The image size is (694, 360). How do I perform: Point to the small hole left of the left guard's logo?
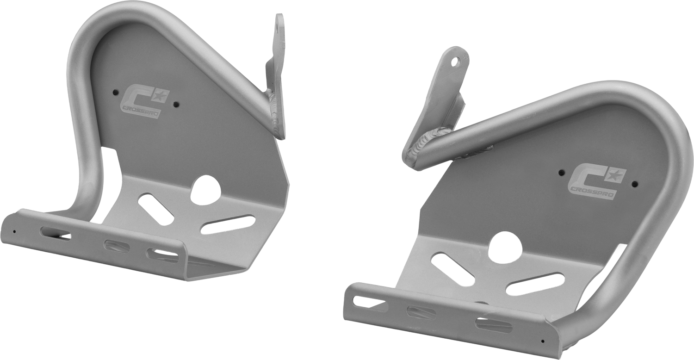pos(115,93)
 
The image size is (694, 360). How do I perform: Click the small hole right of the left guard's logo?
pos(176,104)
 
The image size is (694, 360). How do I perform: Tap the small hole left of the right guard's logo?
pos(560,172)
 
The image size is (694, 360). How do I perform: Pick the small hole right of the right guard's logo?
pos(634,184)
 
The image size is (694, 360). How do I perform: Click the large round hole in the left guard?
pos(205,189)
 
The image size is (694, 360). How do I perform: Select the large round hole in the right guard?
pos(505,248)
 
